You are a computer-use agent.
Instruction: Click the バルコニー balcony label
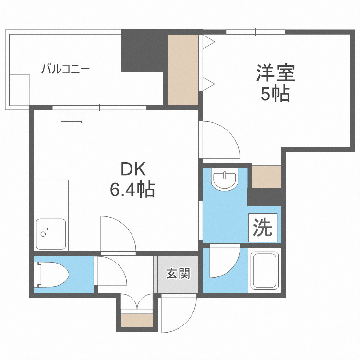(x=65, y=68)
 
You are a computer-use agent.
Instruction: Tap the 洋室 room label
(x=275, y=73)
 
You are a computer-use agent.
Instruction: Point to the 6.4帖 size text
(x=132, y=190)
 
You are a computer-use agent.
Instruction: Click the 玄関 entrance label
(x=178, y=274)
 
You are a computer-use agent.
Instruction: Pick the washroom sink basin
(x=224, y=180)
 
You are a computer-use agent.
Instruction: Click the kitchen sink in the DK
(x=50, y=234)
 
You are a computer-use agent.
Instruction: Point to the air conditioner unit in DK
(x=72, y=118)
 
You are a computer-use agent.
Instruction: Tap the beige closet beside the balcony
(x=183, y=69)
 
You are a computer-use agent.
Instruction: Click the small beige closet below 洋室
(x=266, y=177)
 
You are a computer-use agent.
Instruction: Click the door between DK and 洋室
(x=220, y=140)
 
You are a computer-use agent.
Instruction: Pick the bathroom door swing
(x=223, y=262)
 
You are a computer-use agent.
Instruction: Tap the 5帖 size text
(x=275, y=95)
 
